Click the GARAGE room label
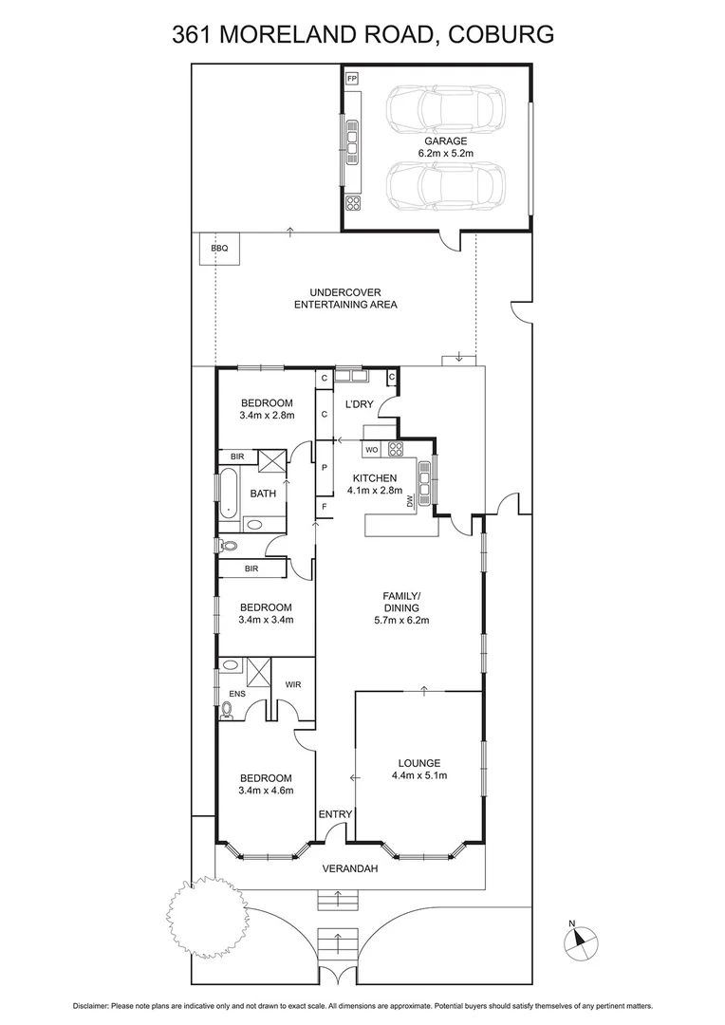click(x=445, y=140)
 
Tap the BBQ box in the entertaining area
click(x=219, y=249)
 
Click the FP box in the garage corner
click(x=352, y=78)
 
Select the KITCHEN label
click(x=374, y=477)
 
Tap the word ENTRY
click(x=335, y=814)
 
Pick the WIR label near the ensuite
click(x=293, y=683)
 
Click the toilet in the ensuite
click(x=228, y=706)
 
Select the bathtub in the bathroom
click(x=229, y=493)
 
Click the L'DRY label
click(x=359, y=405)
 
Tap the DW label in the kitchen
click(x=411, y=500)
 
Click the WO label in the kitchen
click(x=373, y=449)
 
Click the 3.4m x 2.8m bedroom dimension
click(x=267, y=415)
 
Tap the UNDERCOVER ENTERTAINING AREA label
click(x=345, y=298)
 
